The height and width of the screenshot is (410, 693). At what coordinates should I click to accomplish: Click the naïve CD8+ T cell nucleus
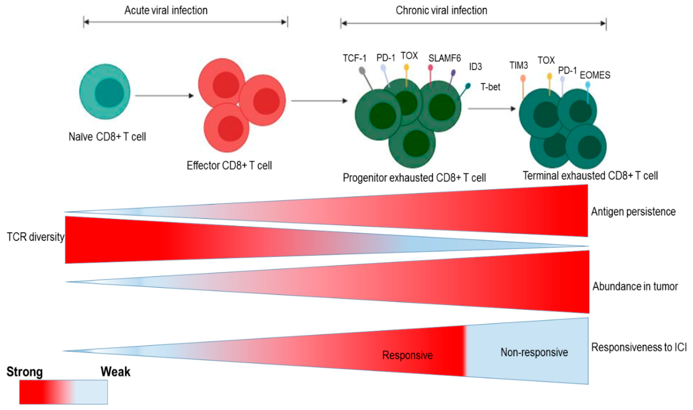point(109,93)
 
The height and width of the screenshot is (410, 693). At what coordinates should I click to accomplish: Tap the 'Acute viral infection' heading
point(166,11)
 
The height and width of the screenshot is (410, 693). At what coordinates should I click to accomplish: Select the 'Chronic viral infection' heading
point(441,11)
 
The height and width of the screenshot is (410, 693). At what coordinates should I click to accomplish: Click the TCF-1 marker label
point(355,58)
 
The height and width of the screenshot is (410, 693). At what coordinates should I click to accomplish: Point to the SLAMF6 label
point(445,58)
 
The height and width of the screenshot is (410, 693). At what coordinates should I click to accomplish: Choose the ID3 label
point(476,67)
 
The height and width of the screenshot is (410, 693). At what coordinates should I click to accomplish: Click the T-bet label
point(490,87)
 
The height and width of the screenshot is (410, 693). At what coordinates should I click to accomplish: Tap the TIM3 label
point(518,66)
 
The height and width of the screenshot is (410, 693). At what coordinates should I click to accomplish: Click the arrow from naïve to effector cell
point(164,96)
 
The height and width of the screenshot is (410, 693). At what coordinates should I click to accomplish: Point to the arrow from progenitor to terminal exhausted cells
point(491,109)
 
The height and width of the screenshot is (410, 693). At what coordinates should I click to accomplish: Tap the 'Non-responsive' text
point(534,352)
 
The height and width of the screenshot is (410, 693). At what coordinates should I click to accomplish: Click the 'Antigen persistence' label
point(633,212)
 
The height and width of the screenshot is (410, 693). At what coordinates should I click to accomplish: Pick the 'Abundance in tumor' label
point(635,286)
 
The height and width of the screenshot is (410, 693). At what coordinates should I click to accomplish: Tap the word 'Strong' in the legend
point(25,372)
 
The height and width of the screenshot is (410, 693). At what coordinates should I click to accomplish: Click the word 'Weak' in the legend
point(115,372)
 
